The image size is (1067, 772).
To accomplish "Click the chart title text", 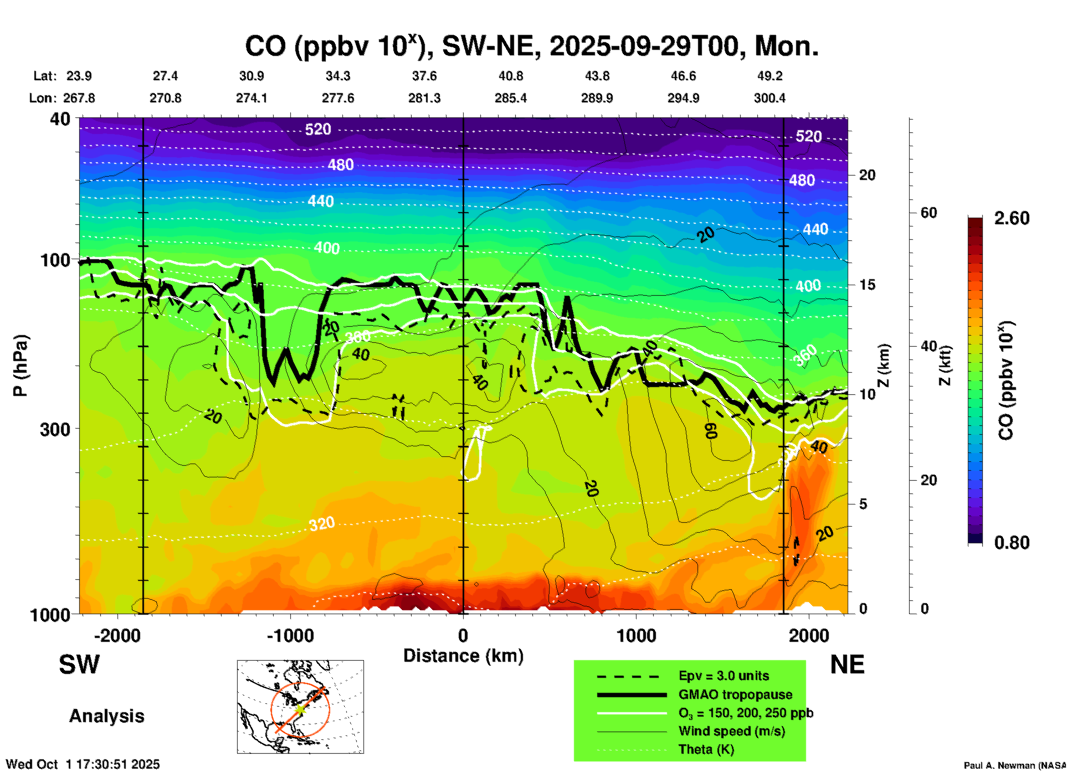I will point(531,47).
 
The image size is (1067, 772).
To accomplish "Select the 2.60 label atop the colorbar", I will point(1012,218).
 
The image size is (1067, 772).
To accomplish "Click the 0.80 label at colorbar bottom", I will point(1012,542).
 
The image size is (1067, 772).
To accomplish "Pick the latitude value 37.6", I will point(424,76).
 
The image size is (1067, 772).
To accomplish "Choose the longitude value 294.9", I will point(683,98).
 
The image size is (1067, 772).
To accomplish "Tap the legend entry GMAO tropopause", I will point(735,694).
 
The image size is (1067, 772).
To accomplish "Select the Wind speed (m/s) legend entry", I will point(731,731).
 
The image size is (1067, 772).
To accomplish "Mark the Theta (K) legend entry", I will point(706,749).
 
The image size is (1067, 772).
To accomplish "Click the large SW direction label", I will point(79,665).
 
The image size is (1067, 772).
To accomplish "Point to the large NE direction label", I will point(847,665).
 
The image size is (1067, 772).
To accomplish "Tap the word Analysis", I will point(106,716).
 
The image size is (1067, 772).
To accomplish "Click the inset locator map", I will point(300,707).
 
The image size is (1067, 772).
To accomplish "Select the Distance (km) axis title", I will point(463,656).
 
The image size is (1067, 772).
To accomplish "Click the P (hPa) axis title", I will point(20,366).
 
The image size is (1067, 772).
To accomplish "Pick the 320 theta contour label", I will point(322,523).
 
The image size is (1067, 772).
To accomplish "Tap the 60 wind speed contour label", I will point(711,430).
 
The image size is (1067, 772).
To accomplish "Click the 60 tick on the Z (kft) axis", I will point(929,213).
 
